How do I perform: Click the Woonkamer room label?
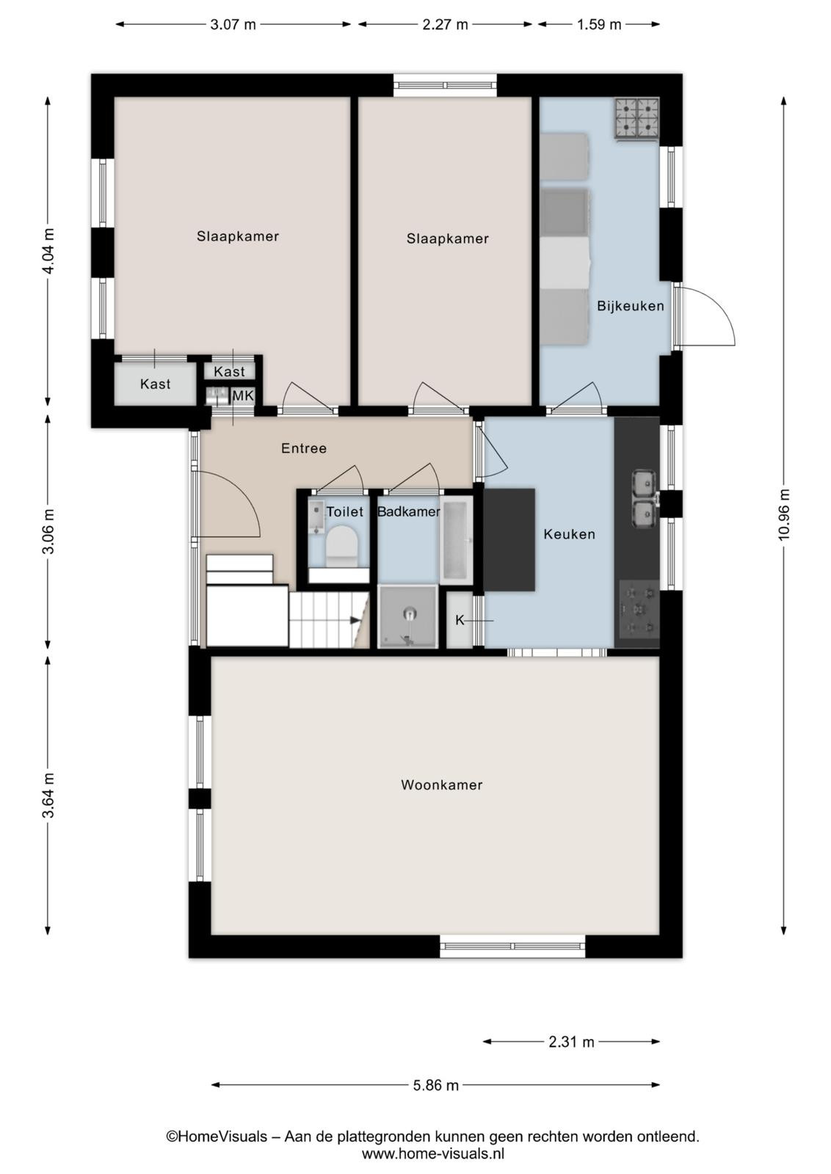click(441, 784)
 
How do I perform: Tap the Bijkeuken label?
click(630, 305)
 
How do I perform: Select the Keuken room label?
click(569, 534)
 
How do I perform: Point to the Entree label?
click(304, 448)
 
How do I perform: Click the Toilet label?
click(344, 511)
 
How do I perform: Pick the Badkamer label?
click(408, 511)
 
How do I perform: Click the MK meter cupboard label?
click(243, 395)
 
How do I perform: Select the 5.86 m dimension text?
click(435, 1085)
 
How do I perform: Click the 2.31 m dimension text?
click(571, 1041)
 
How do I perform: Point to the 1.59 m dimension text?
click(599, 24)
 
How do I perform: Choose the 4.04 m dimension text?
click(48, 252)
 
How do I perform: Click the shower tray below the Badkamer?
click(408, 616)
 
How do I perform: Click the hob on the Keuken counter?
click(639, 609)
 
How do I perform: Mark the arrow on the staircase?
click(355, 620)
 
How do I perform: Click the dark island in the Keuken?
click(509, 540)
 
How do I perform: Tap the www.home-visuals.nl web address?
click(433, 1153)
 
